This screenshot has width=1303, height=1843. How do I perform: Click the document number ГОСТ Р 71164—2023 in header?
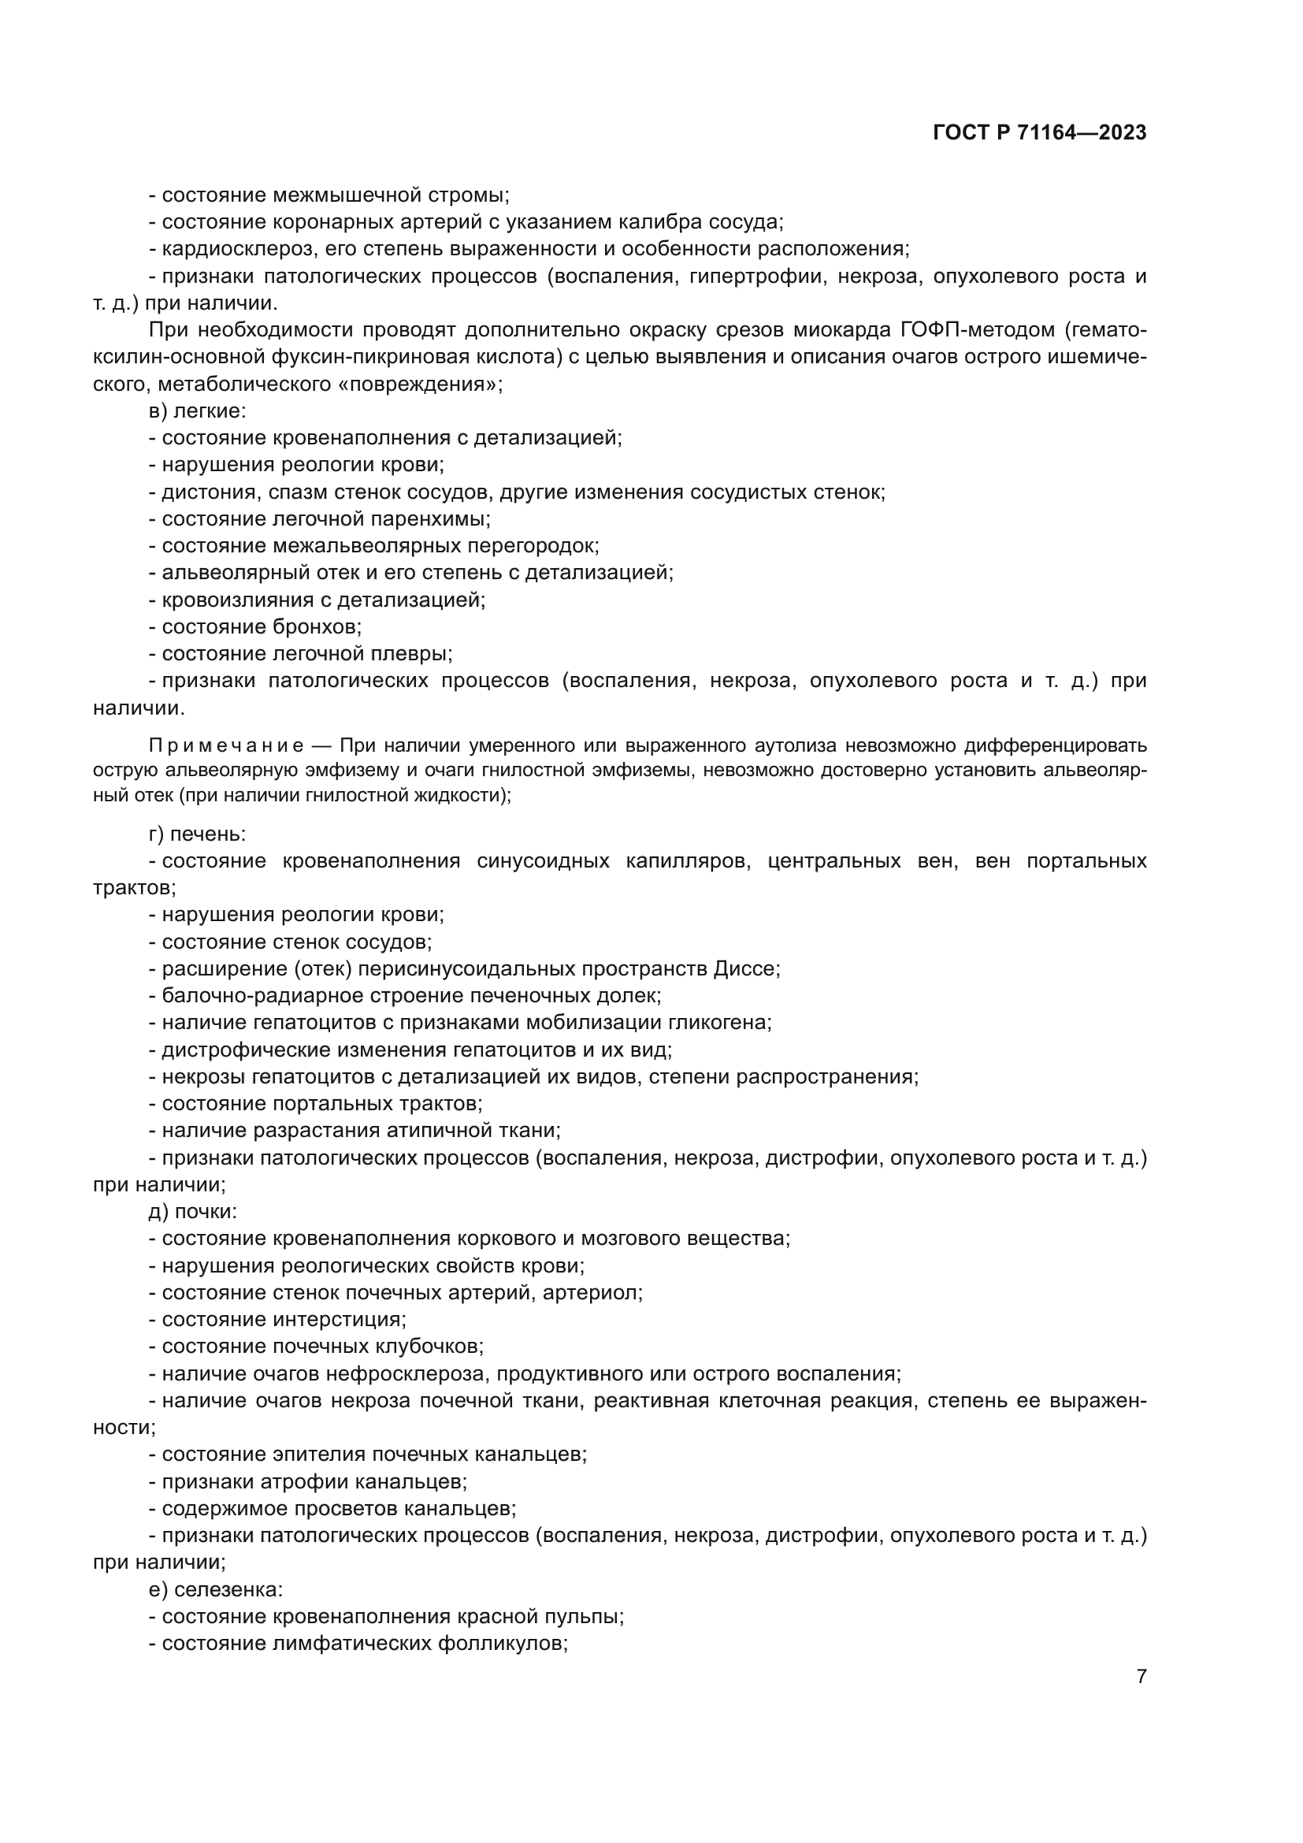tap(1040, 133)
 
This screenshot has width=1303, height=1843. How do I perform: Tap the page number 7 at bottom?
tap(1141, 1676)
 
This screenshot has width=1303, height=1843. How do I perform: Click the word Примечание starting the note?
tap(226, 745)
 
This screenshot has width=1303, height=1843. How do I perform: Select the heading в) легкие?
tap(198, 411)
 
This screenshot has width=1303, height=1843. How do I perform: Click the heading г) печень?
tap(198, 834)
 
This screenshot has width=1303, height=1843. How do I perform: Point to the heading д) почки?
tap(192, 1211)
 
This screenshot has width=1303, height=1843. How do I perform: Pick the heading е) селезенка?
tap(216, 1588)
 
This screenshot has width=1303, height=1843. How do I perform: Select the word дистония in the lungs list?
tap(209, 492)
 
